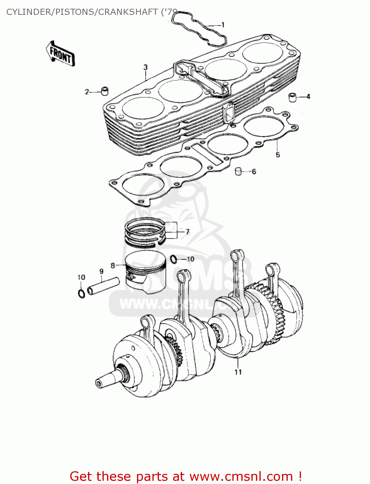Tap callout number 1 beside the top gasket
[223, 25]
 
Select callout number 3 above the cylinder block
[146, 67]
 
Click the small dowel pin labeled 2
[105, 91]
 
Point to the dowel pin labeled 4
[292, 97]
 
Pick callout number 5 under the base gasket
[278, 155]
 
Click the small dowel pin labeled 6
[238, 171]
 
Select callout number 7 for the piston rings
[187, 232]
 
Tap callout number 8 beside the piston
[113, 266]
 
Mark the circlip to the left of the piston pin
[82, 293]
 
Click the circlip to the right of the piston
[173, 259]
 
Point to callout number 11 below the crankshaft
[238, 372]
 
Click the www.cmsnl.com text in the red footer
[241, 477]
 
